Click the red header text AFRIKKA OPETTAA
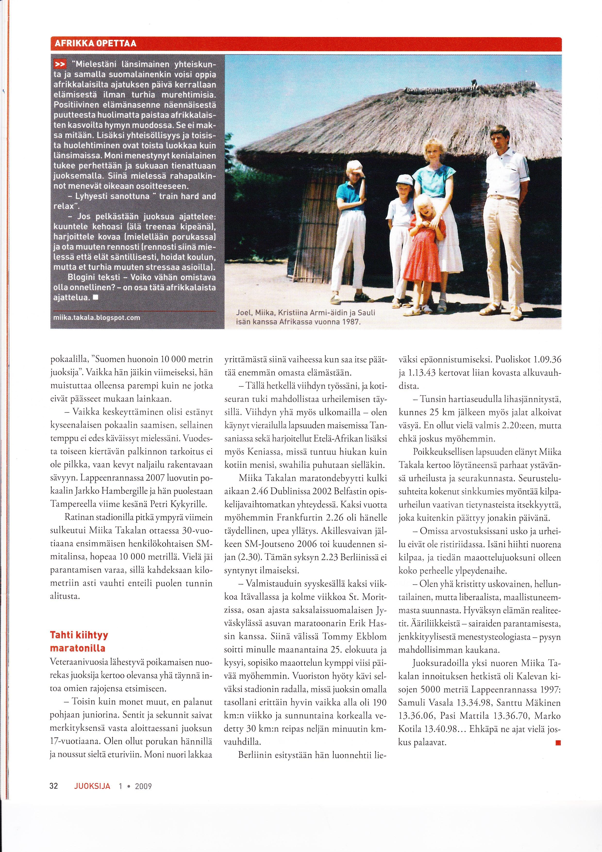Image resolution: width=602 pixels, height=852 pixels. [x=95, y=43]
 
